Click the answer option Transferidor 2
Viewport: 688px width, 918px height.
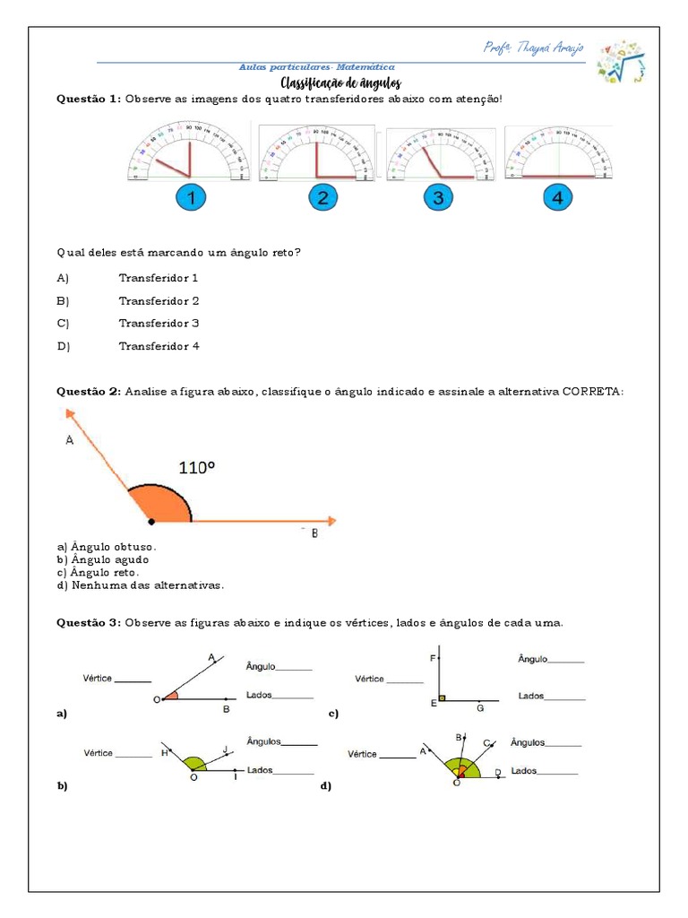[159, 301]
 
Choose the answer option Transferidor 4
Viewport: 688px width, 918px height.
[159, 346]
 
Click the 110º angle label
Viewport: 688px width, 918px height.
[197, 467]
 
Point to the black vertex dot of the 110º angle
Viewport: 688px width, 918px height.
[151, 520]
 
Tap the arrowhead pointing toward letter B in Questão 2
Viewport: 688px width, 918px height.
[331, 520]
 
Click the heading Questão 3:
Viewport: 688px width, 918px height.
[88, 623]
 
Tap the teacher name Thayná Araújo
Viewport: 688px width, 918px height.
[533, 48]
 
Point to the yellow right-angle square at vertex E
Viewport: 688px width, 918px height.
[443, 697]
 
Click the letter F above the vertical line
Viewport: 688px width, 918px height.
[433, 659]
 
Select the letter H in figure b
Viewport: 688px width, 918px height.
[165, 754]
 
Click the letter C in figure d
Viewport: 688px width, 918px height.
[486, 743]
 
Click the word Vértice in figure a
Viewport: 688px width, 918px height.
[98, 679]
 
